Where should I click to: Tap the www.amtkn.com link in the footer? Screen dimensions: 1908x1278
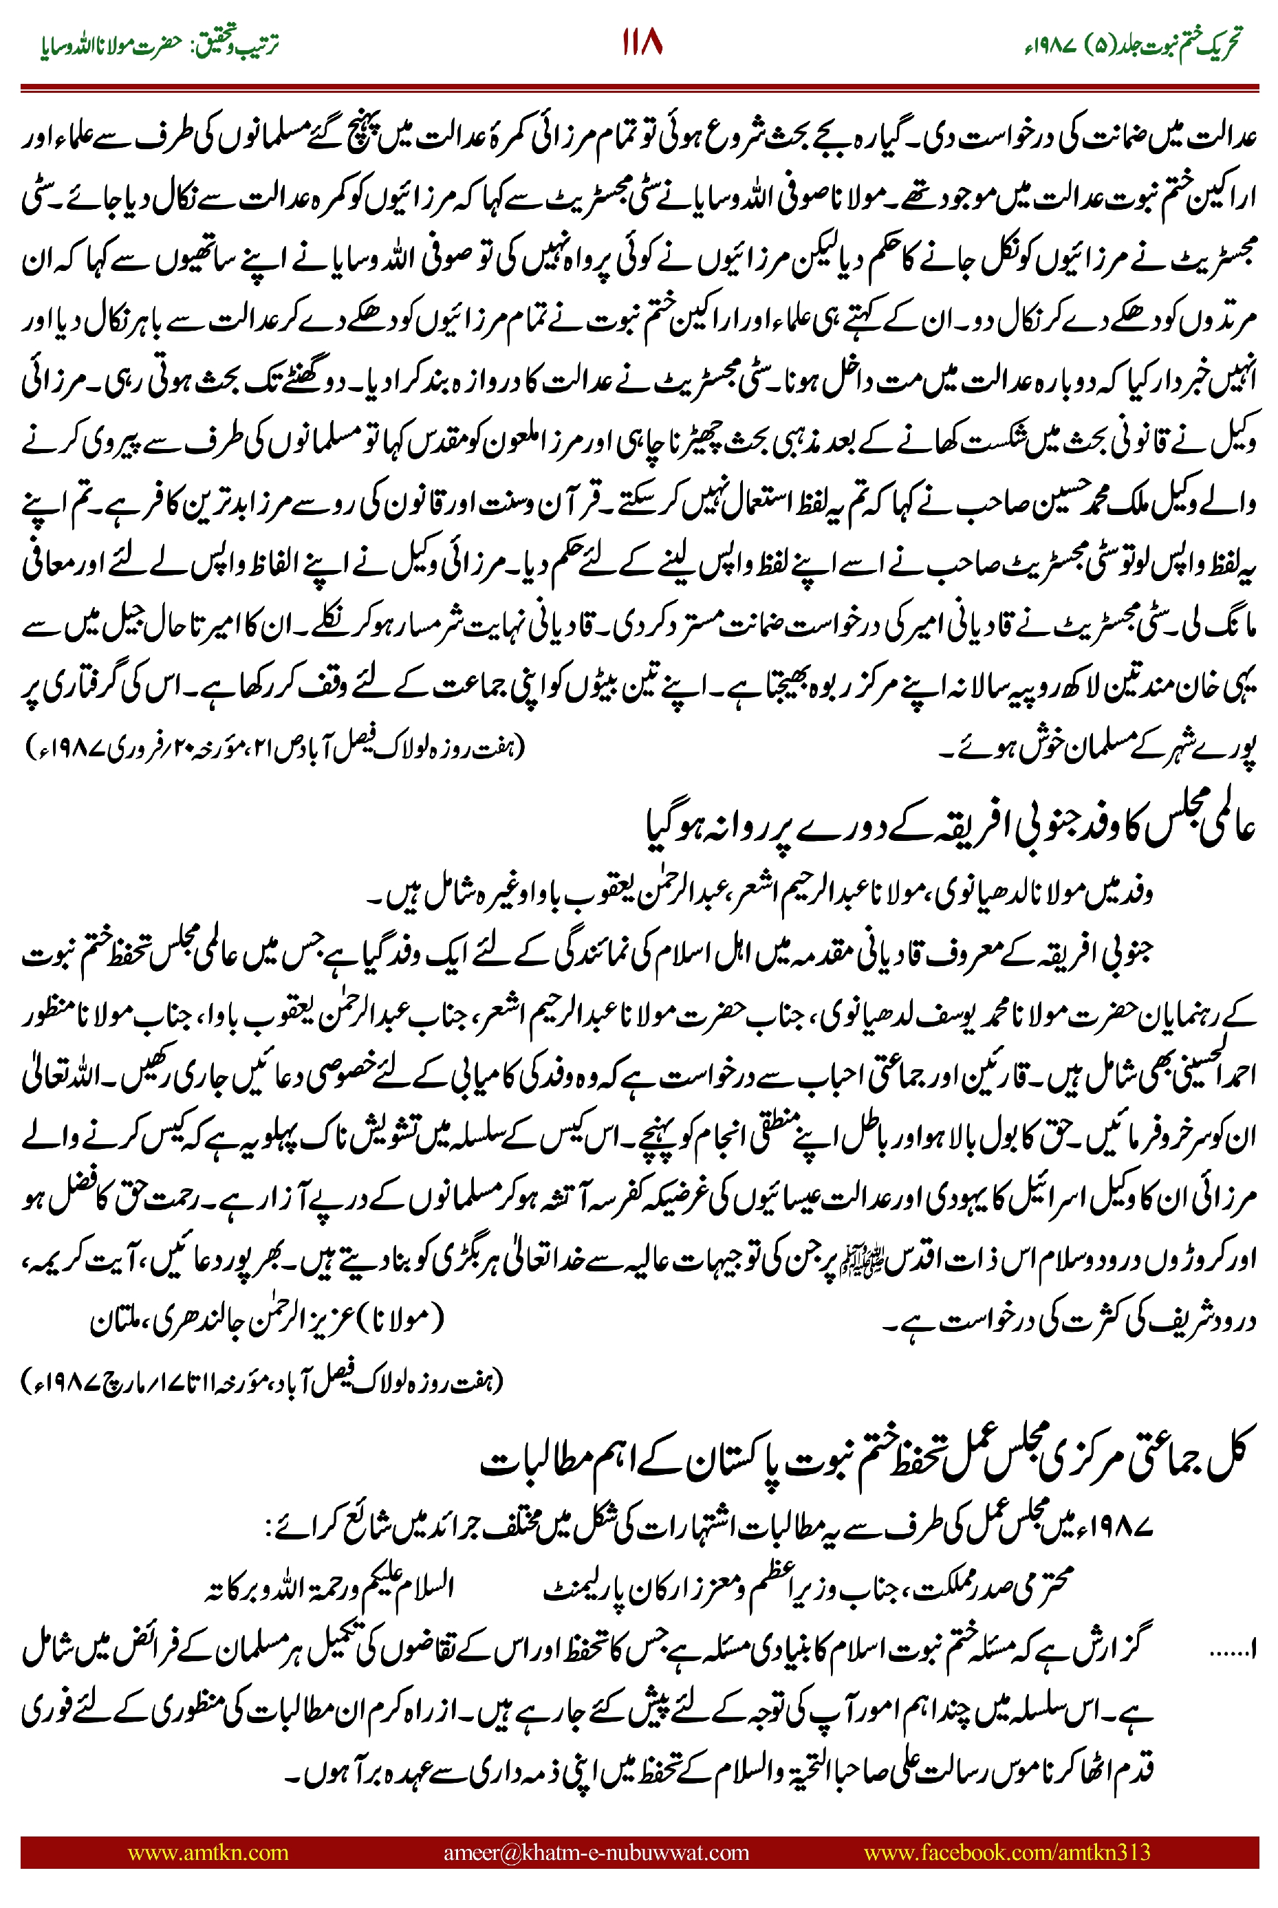[x=208, y=1852]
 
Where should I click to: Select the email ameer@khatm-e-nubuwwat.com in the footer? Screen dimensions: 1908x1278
[x=596, y=1852]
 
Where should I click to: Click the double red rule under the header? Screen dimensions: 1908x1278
[x=639, y=87]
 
